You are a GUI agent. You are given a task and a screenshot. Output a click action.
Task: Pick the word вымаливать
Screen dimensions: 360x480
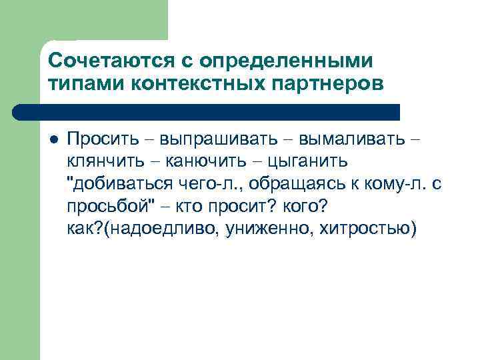[351, 139]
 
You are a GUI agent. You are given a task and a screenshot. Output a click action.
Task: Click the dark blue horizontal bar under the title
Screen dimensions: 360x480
[220, 112]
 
